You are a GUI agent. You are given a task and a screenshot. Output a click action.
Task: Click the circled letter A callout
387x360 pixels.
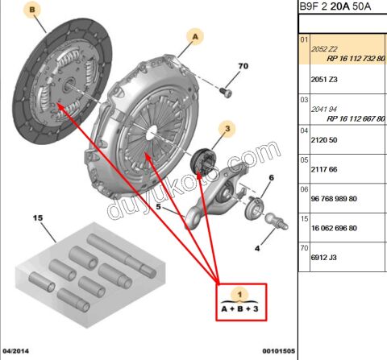click(x=195, y=36)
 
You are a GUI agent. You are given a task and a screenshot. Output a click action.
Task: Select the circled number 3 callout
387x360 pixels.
click(x=228, y=128)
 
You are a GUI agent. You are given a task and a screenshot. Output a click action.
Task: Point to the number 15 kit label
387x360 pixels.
click(x=37, y=218)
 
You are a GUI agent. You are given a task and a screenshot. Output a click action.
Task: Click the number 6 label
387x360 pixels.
click(x=271, y=177)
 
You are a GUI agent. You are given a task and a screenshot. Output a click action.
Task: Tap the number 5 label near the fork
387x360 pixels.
click(x=158, y=207)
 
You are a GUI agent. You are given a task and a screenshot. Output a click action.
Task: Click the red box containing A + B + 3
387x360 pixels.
click(x=240, y=302)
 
